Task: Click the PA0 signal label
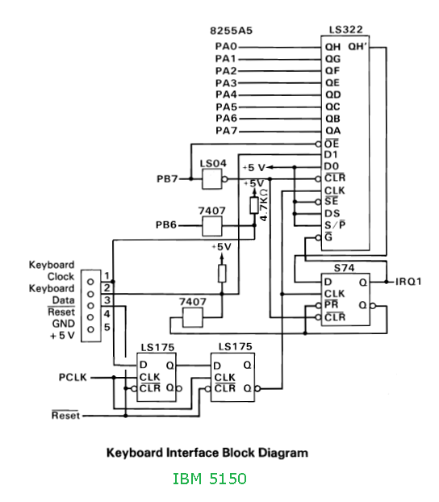coord(226,47)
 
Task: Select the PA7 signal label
coord(227,131)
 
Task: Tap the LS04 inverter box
coord(212,179)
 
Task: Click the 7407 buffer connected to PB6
coord(212,226)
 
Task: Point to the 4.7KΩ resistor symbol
coord(254,205)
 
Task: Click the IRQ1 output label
coord(408,282)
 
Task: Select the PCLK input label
coord(73,378)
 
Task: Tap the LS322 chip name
coord(346,30)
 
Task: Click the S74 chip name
coord(344,268)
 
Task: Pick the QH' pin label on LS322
coord(357,47)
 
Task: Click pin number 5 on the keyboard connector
coord(107,327)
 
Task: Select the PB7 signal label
coord(167,179)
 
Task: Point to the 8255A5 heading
coord(231,31)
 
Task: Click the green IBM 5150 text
coord(210,479)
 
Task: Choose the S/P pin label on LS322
coord(335,225)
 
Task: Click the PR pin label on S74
coord(331,304)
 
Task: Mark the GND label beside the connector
coord(64,324)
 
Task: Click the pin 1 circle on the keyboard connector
coord(90,282)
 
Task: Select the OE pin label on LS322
coord(332,144)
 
